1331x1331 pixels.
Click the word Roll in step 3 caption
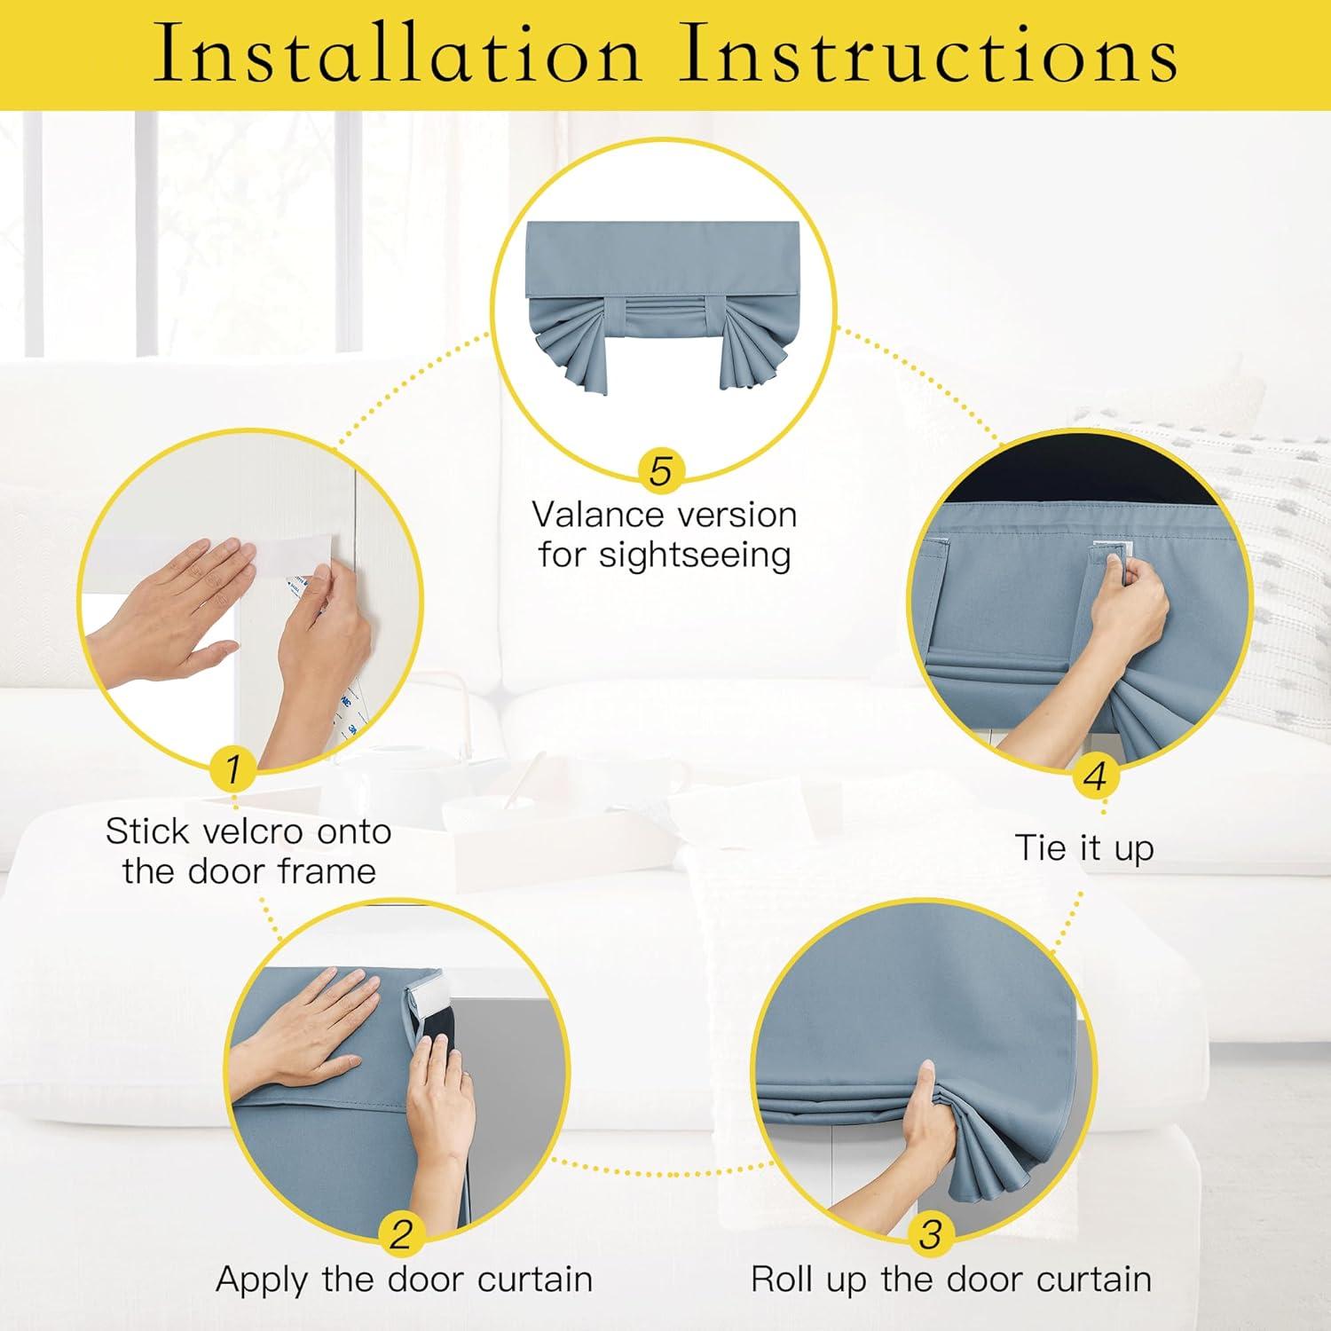[x=784, y=1280]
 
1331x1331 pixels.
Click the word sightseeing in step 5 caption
[x=695, y=556]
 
